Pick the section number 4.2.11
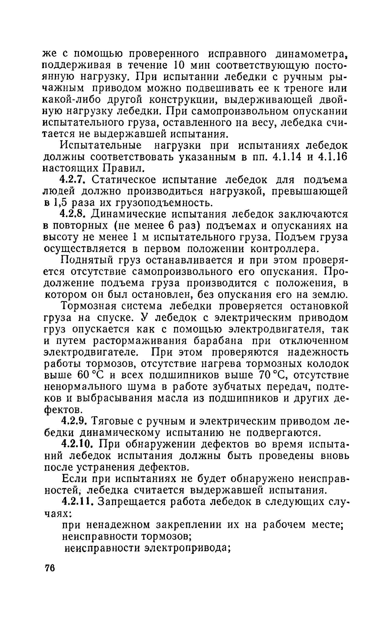76,502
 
